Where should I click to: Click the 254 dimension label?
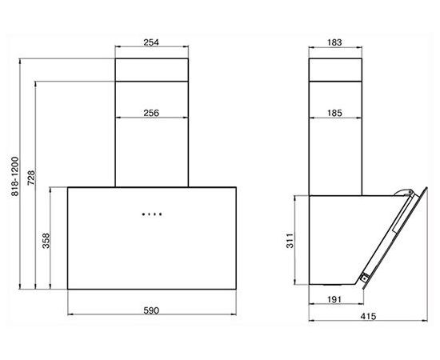151,42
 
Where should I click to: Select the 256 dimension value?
151,113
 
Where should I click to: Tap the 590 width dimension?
151,310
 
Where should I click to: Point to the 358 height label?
46,241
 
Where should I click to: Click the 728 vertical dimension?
31,178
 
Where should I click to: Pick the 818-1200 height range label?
15,176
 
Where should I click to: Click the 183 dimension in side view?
334,42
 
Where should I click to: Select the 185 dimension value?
334,113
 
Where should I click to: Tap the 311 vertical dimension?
290,241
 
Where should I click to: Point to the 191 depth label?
334,300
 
